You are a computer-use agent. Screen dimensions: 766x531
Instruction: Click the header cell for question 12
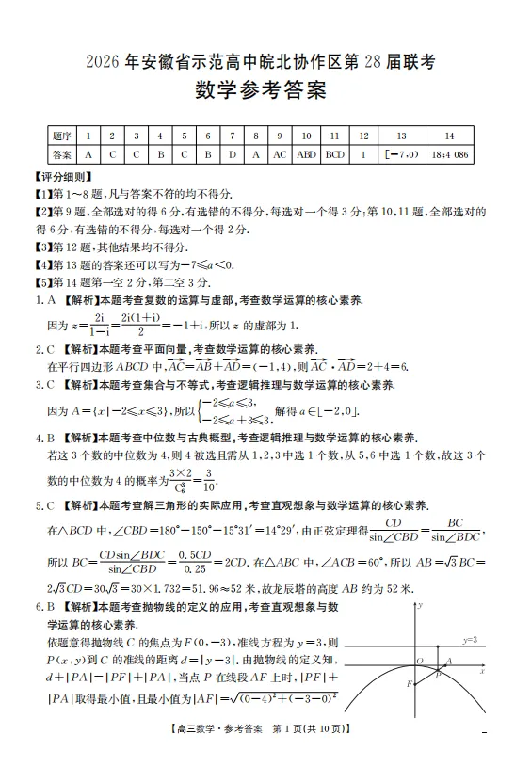[362, 136]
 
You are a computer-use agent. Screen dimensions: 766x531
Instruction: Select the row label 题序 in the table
[63, 136]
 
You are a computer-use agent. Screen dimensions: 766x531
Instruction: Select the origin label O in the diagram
[418, 661]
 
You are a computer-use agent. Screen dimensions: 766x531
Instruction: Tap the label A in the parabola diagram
[448, 661]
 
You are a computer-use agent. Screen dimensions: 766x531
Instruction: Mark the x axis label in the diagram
[481, 672]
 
